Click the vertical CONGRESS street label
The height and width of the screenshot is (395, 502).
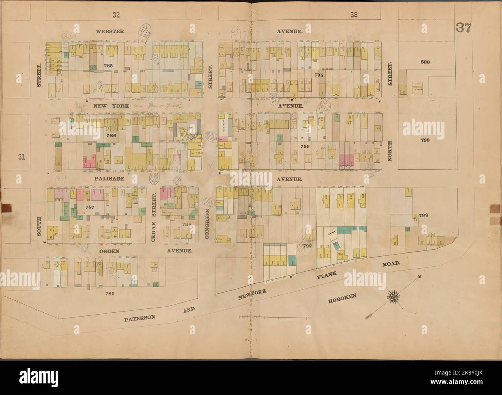pyautogui.click(x=207, y=225)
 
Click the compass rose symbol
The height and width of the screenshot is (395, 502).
pyautogui.click(x=394, y=297)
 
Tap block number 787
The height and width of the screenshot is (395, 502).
pyautogui.click(x=90, y=207)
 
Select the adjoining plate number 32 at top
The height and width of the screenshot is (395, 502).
pyautogui.click(x=116, y=15)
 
